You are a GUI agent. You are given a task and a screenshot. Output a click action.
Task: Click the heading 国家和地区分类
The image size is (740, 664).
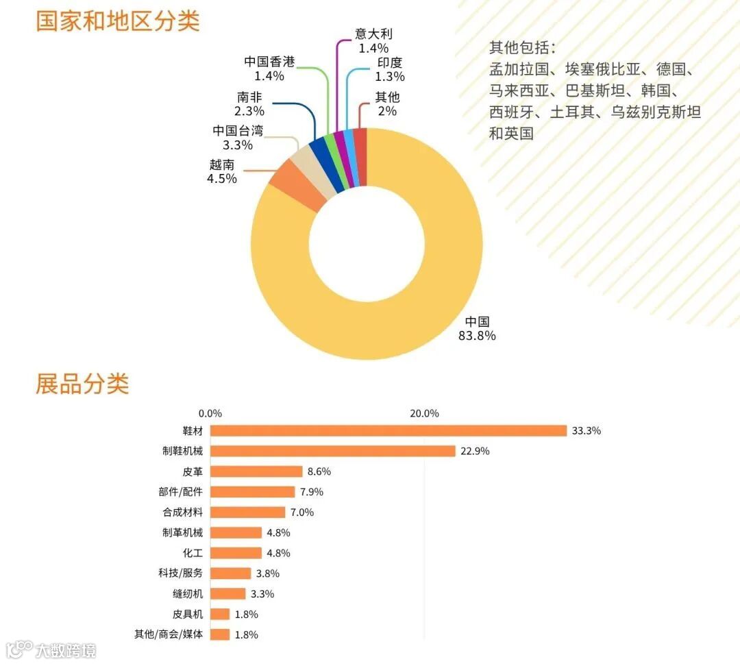117,21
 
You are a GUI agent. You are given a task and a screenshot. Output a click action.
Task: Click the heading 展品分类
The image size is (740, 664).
82,384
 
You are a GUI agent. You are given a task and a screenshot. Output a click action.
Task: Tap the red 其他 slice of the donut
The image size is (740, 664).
360,156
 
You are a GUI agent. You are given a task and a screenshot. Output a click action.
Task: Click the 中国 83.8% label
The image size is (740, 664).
477,329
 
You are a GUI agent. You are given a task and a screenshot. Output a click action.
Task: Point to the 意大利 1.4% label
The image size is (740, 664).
373,41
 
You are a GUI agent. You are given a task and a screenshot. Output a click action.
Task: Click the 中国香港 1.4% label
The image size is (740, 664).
269,69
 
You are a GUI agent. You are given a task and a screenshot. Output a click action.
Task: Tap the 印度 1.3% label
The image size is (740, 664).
390,70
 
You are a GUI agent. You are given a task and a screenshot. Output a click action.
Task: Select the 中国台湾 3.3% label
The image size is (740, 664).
238,138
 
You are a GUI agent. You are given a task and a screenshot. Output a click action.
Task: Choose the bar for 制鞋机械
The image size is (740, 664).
332,451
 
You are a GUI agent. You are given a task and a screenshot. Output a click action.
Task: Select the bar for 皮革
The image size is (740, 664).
256,471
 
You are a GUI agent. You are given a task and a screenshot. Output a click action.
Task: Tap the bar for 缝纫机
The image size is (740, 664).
227,593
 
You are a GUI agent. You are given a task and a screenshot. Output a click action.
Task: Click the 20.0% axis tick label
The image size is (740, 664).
424,413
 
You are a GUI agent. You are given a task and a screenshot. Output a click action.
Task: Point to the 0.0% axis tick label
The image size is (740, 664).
210,413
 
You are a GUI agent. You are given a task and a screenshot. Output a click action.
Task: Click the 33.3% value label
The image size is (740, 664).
586,431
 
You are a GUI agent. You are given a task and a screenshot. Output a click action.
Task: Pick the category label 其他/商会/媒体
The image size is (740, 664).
169,635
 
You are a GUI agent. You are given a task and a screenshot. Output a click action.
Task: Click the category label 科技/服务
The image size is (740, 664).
180,574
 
